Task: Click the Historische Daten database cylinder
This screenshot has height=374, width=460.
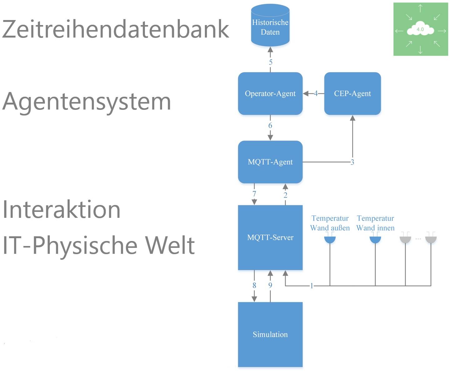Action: pos(270,27)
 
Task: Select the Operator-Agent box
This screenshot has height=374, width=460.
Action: pos(270,94)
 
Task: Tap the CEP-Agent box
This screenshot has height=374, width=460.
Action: pos(352,94)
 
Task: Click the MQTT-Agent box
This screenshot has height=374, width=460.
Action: pos(270,162)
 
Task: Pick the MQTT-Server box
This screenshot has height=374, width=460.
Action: pos(270,237)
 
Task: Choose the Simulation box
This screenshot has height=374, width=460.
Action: pos(270,334)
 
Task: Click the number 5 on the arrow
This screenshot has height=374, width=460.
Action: pos(270,62)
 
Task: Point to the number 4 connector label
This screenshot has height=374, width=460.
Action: pos(316,94)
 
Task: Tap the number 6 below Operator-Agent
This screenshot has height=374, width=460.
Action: pos(270,126)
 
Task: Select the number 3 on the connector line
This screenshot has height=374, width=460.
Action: pos(352,162)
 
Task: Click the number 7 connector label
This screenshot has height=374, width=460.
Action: pos(254,194)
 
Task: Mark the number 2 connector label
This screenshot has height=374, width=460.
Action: pos(285,195)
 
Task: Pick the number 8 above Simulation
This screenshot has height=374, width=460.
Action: pos(254,285)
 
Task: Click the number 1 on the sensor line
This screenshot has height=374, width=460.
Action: pos(311,286)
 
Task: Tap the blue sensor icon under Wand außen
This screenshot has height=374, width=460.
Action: pos(330,239)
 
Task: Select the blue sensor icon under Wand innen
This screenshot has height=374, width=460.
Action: pos(375,239)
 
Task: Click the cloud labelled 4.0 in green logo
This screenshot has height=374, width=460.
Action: pos(420,29)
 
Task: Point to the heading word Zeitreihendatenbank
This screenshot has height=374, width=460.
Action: pos(116,29)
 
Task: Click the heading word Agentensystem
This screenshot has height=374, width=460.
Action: pos(87,101)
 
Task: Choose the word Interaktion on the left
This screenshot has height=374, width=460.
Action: pos(62,209)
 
